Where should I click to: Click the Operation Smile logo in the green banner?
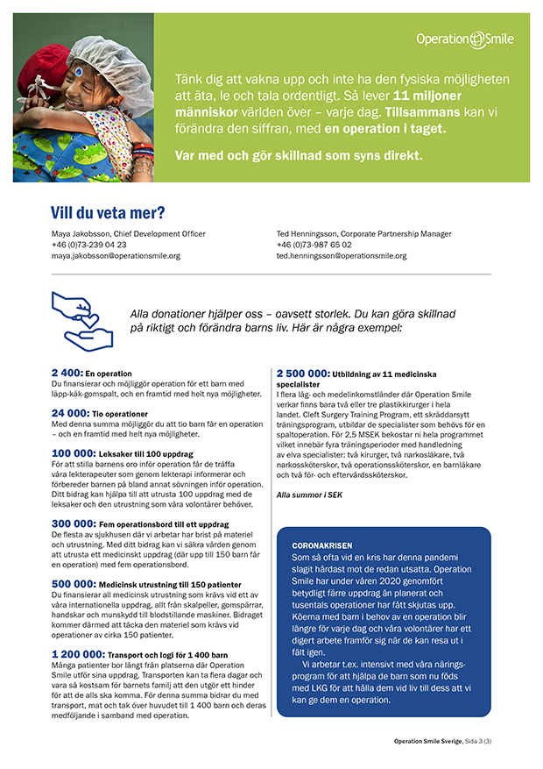[x=464, y=39]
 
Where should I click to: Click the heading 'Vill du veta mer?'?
[x=109, y=213]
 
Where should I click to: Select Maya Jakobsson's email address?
[x=116, y=256]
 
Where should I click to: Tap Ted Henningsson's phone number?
[x=314, y=245]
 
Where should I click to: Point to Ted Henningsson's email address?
[x=341, y=256]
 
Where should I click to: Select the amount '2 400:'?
[x=67, y=373]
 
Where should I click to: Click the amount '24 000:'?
[x=70, y=412]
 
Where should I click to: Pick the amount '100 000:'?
[x=74, y=452]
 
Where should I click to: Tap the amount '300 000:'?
[x=74, y=523]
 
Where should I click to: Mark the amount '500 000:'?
[x=74, y=584]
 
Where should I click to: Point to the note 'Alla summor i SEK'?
[x=309, y=495]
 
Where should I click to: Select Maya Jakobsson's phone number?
[x=88, y=245]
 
